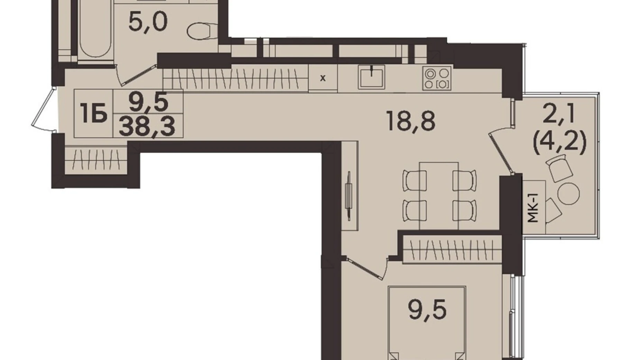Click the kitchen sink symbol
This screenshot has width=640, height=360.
coord(371,77)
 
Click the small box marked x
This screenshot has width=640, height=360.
coord(322,79)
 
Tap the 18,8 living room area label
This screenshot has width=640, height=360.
coord(411,121)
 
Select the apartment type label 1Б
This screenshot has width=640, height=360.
coord(93,114)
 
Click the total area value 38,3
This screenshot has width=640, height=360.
coord(147,127)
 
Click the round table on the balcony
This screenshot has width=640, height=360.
coord(568,194)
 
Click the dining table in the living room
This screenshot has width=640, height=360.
coord(439,196)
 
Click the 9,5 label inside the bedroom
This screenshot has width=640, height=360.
coord(427,310)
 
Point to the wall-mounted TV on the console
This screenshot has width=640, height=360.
coord(348,196)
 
